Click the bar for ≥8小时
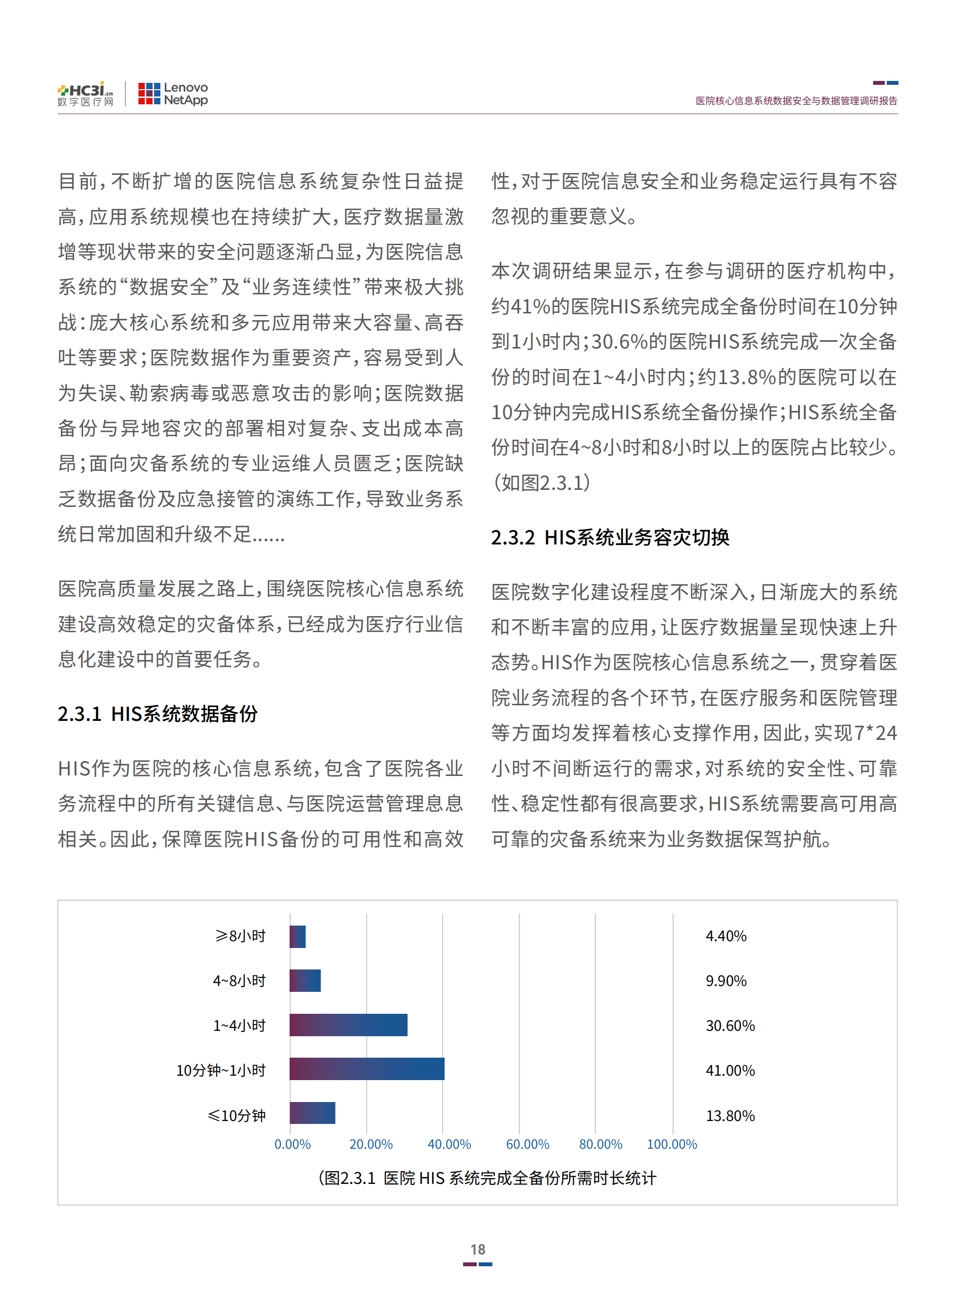[x=298, y=936]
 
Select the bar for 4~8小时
[x=305, y=981]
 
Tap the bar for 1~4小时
[x=348, y=1025]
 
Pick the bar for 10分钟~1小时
[x=367, y=1069]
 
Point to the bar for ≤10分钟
[x=312, y=1113]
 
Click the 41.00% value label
[x=730, y=1070]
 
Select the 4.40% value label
[x=726, y=936]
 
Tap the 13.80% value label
[x=730, y=1116]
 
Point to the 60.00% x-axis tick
[x=527, y=1144]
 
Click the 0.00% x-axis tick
[x=292, y=1144]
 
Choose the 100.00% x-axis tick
[x=672, y=1144]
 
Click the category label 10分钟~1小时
[x=221, y=1070]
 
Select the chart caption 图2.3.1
[x=487, y=1178]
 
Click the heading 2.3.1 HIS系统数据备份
[x=158, y=714]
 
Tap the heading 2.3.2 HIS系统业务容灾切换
[x=610, y=538]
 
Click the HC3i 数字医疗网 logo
[x=86, y=94]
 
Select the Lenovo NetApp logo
[x=173, y=94]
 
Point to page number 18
[x=478, y=1250]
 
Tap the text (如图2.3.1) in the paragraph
[x=542, y=483]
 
